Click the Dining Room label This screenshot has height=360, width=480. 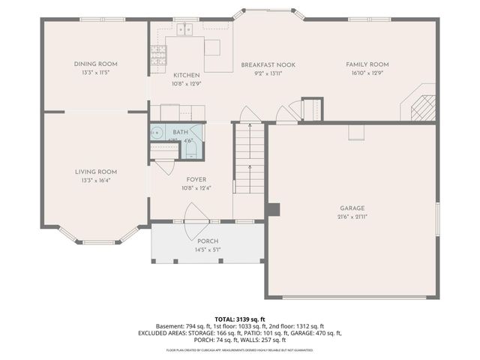[95, 64]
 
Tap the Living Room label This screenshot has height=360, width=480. [95, 172]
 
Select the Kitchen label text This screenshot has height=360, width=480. [186, 76]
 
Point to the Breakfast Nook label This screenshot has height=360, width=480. [268, 65]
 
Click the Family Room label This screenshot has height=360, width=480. [367, 64]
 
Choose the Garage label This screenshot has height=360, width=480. [352, 208]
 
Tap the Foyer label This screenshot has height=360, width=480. [197, 180]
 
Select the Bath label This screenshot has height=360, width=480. [181, 132]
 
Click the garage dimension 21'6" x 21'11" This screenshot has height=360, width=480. [352, 216]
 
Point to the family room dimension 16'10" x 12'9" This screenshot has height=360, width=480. [367, 73]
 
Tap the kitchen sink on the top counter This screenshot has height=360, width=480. [184, 29]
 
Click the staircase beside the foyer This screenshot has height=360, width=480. [248, 160]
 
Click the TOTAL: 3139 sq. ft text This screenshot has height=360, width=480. [239, 319]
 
